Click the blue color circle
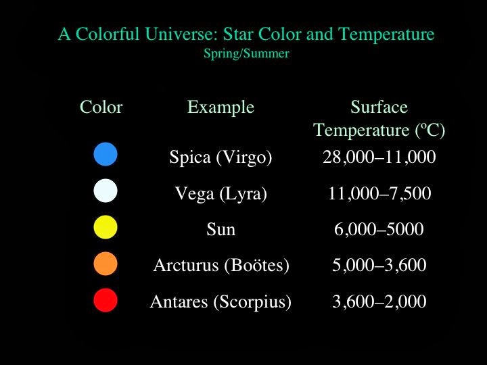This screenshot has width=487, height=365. pyautogui.click(x=106, y=155)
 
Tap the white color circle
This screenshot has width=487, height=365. pyautogui.click(x=106, y=191)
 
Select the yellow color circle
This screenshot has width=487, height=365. pyautogui.click(x=106, y=227)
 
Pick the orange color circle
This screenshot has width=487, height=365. pyautogui.click(x=106, y=264)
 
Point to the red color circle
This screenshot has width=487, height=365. pyautogui.click(x=106, y=300)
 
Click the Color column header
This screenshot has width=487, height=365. pyautogui.click(x=101, y=107)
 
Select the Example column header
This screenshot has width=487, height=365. pyautogui.click(x=221, y=107)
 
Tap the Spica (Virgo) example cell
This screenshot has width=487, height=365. pyautogui.click(x=221, y=157)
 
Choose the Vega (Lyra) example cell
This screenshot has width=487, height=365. pyautogui.click(x=221, y=194)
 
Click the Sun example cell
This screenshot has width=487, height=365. pyautogui.click(x=221, y=230)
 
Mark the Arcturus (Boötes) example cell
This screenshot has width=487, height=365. pyautogui.click(x=221, y=266)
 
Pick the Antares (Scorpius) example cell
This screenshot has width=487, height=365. pyautogui.click(x=221, y=301)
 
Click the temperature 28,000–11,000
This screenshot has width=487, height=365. pyautogui.click(x=379, y=157)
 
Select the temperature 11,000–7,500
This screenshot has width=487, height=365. pyautogui.click(x=379, y=194)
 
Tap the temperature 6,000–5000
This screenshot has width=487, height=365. pyautogui.click(x=379, y=230)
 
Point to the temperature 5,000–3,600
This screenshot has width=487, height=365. pyautogui.click(x=379, y=266)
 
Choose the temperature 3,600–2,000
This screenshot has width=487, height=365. pyautogui.click(x=379, y=301)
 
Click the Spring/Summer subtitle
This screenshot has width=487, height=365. pyautogui.click(x=246, y=53)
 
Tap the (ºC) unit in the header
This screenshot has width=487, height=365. pyautogui.click(x=429, y=129)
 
